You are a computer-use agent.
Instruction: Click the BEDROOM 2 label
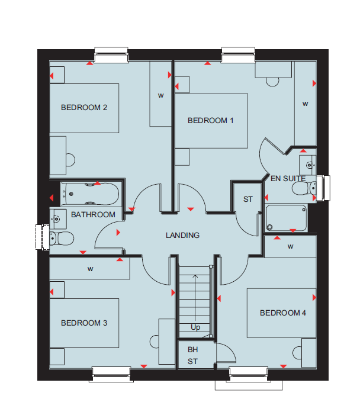click(x=84, y=108)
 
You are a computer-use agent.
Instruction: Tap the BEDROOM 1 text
click(x=210, y=121)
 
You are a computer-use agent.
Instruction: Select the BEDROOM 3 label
click(x=84, y=323)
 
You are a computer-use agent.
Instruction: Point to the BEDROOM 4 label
click(x=282, y=313)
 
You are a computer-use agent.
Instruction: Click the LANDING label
click(x=182, y=235)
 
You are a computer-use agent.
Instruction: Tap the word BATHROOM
click(x=93, y=215)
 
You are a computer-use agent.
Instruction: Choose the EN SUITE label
click(x=288, y=179)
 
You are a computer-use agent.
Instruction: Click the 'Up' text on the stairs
click(x=195, y=327)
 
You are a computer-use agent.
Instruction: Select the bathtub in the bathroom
click(x=90, y=194)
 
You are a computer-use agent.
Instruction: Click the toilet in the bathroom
click(x=62, y=239)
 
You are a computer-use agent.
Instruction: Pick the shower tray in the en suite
click(x=286, y=218)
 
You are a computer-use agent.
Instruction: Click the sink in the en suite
click(x=308, y=165)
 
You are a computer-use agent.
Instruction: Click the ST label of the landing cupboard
click(x=248, y=200)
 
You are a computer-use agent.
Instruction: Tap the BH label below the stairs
click(x=192, y=350)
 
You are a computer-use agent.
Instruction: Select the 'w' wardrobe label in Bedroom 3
click(x=90, y=269)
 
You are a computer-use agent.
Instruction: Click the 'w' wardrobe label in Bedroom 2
click(x=160, y=96)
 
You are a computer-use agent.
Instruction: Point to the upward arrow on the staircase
click(x=195, y=298)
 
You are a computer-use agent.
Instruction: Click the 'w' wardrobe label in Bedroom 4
click(x=290, y=247)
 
